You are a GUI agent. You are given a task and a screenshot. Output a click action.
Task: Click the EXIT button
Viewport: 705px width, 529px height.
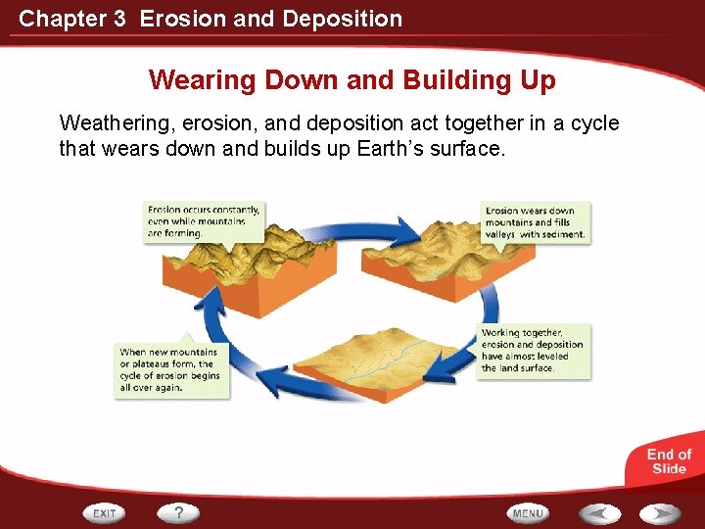coord(105,512)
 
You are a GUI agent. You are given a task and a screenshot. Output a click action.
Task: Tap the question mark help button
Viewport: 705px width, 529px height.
coord(178,512)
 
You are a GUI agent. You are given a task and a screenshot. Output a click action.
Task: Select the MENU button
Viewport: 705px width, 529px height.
coord(528,512)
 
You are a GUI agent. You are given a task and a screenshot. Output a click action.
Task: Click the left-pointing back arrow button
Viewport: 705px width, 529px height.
coord(598,512)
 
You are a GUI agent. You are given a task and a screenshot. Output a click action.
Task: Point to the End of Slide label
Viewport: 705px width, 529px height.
coord(669,460)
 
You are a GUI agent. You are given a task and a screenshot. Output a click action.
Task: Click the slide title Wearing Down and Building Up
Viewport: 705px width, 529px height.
coord(352,79)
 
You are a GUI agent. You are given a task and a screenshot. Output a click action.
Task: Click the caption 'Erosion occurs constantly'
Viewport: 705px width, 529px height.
coord(203,221)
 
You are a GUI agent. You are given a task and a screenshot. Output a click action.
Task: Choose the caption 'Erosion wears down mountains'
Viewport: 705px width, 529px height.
coord(535,222)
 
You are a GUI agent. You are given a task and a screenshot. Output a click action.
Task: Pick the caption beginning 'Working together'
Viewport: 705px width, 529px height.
coord(533,351)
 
